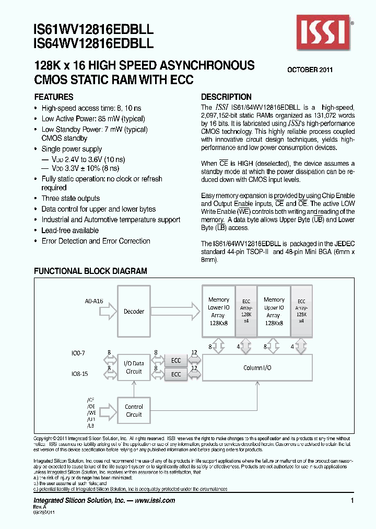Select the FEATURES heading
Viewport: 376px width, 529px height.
[54, 97]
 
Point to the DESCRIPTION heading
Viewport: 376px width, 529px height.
[226, 97]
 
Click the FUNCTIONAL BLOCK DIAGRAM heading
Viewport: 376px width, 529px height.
[90, 271]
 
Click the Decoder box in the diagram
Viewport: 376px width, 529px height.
[134, 312]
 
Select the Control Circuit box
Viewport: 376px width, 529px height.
[134, 410]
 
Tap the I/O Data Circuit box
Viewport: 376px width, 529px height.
[134, 368]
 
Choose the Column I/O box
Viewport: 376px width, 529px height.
[257, 368]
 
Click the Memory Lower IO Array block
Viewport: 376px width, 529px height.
[218, 312]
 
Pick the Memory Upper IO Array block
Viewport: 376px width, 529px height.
[274, 312]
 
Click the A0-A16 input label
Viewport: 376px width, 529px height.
[93, 301]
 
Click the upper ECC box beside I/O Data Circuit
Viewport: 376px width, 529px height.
[176, 360]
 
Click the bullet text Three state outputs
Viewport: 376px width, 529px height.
[70, 199]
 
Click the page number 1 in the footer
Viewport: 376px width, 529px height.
[352, 501]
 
